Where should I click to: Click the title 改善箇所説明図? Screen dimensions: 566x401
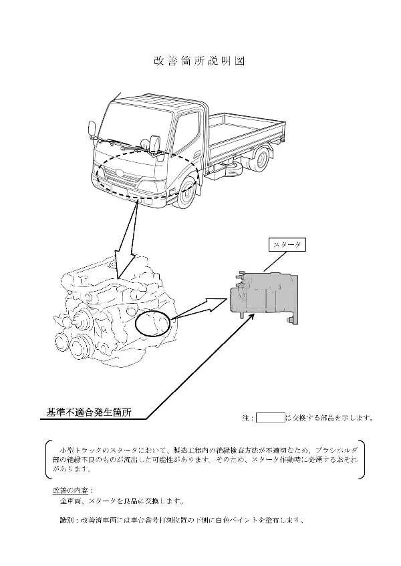pos(200,61)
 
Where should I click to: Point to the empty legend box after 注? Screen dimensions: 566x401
pos(270,418)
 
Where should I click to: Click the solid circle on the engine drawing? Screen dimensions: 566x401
pos(153,324)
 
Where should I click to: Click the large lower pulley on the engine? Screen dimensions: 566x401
pos(83,346)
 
